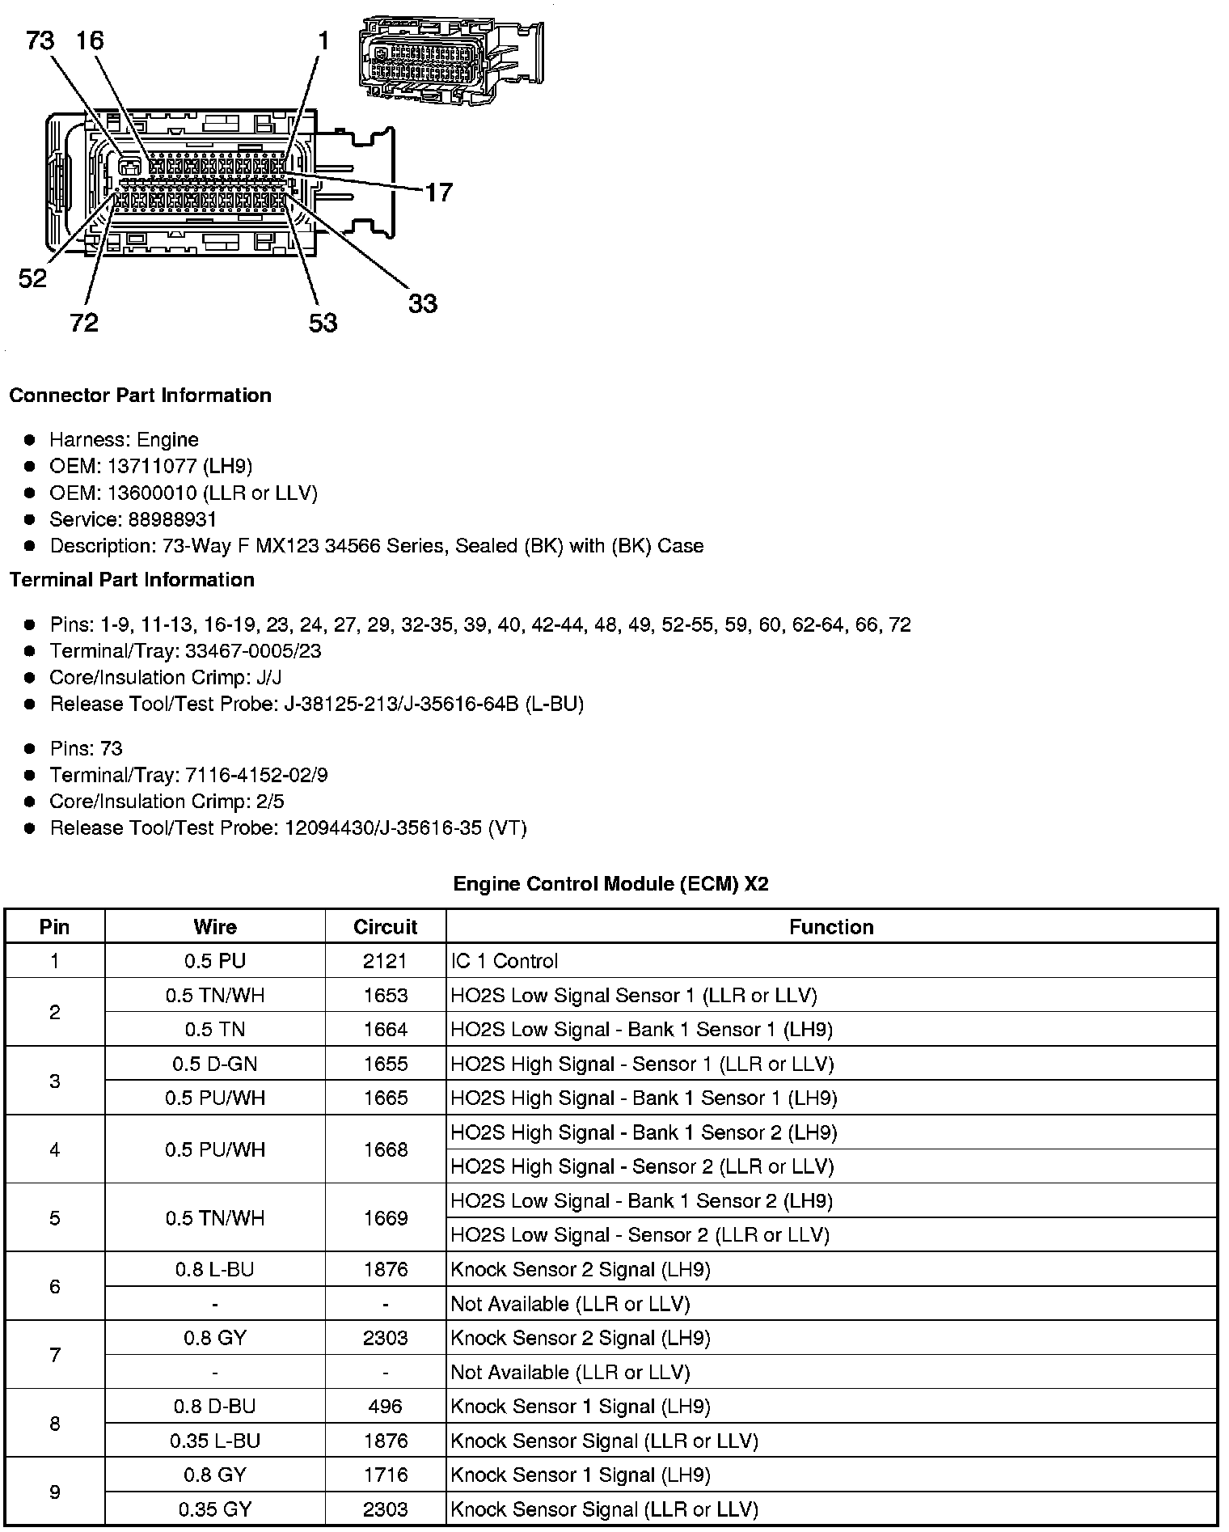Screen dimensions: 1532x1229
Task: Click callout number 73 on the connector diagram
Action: pos(40,40)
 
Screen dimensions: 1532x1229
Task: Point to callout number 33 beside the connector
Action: pos(422,303)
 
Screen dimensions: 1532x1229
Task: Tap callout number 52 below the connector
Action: pos(32,279)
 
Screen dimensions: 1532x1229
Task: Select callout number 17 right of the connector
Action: pos(438,193)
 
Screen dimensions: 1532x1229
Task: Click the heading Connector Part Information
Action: pos(140,396)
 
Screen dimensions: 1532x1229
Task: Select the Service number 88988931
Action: pos(172,519)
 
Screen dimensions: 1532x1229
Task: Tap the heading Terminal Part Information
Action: pos(132,580)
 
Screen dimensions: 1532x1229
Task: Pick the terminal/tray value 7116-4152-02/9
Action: pos(256,775)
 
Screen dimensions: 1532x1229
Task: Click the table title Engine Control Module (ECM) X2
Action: pos(610,883)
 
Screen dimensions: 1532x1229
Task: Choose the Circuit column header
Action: pos(385,927)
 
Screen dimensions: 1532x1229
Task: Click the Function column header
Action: pos(831,927)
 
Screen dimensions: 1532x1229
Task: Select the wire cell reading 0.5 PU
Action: pos(215,961)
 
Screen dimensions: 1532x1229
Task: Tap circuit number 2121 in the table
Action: pos(385,961)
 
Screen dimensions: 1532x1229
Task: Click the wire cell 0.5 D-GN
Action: pos(215,1064)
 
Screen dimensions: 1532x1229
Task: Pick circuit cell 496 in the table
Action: pos(385,1406)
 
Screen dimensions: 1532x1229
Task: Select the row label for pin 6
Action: pos(54,1286)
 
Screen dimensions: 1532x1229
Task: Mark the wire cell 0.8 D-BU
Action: pos(215,1406)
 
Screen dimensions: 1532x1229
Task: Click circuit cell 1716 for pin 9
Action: pos(385,1475)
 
